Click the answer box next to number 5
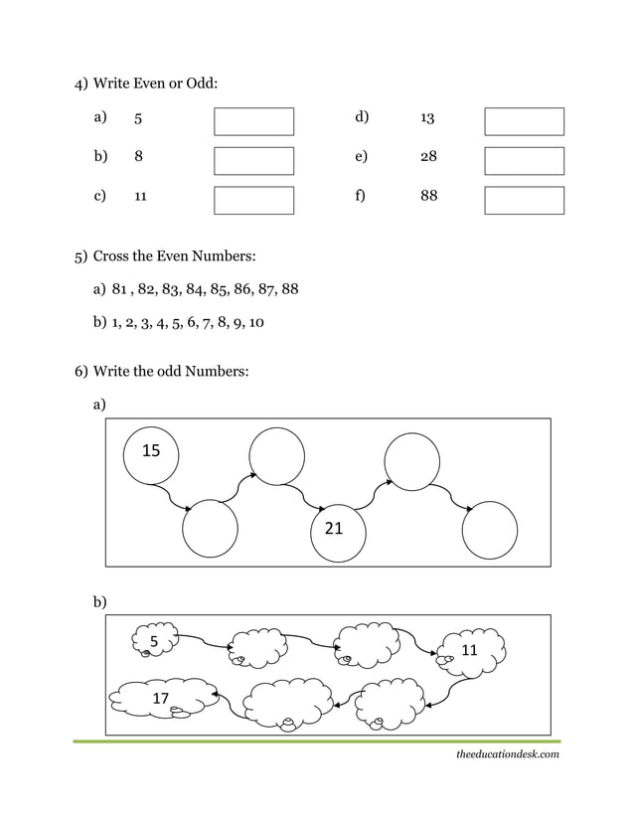(254, 121)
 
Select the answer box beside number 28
(524, 161)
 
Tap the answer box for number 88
(524, 200)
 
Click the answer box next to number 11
(254, 200)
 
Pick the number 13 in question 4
(427, 118)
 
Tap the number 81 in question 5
(122, 289)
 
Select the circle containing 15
(151, 456)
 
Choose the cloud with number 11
(471, 651)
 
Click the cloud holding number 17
(162, 699)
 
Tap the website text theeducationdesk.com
(508, 755)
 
